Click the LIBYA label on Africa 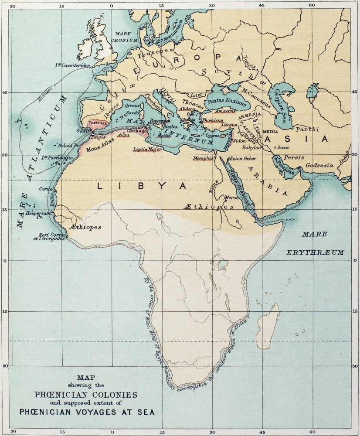pos(141,186)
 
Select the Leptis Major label pos(147,150)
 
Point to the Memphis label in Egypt pos(203,158)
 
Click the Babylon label pos(252,148)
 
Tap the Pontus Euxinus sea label pos(228,101)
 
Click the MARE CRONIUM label pos(126,37)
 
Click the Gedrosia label pos(319,165)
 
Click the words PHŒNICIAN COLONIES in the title pos(85,395)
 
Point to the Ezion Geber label pos(242,159)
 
